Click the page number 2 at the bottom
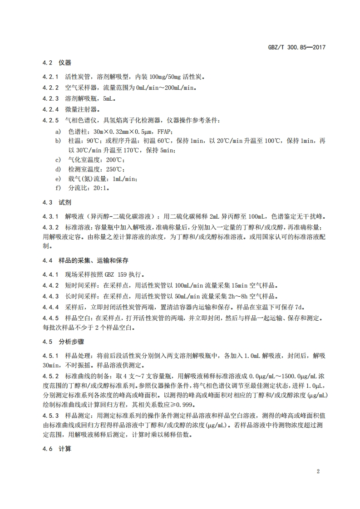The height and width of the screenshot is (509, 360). point(318,471)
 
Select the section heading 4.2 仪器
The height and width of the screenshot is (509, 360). point(57,63)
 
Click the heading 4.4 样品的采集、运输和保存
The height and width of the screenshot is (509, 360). point(85,261)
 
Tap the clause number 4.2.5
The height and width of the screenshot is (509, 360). point(51,120)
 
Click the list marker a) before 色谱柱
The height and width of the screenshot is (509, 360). point(58,131)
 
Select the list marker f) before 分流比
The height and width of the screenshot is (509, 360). point(58,188)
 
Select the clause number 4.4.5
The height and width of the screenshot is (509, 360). point(51,318)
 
